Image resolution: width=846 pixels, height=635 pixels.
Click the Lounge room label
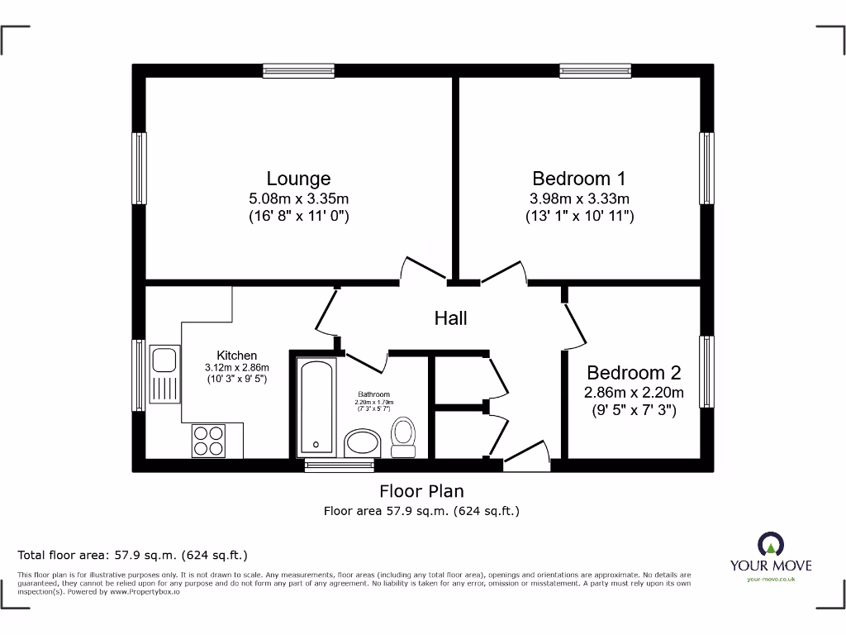[x=298, y=179]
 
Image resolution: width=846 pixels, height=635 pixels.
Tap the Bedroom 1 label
[x=578, y=179]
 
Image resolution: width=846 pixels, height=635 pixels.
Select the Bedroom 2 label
[x=634, y=373]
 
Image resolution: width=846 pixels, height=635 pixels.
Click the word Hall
[x=451, y=318]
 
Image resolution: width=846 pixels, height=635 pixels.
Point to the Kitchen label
[x=237, y=356]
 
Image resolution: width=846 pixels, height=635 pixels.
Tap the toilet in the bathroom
[x=403, y=437]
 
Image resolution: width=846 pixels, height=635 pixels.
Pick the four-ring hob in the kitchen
[x=208, y=439]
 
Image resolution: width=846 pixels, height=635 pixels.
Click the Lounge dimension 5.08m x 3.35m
[x=298, y=198]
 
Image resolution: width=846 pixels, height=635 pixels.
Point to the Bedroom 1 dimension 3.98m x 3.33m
[x=579, y=198]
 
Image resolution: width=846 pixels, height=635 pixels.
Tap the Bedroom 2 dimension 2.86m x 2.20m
[x=634, y=393]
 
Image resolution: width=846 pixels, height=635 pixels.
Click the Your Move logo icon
[x=770, y=544]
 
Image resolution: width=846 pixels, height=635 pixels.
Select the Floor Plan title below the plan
[x=421, y=491]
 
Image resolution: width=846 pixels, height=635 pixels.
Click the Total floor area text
[x=133, y=555]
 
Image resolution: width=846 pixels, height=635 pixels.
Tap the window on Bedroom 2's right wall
[x=706, y=371]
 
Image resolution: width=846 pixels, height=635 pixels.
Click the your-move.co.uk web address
[x=770, y=580]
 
